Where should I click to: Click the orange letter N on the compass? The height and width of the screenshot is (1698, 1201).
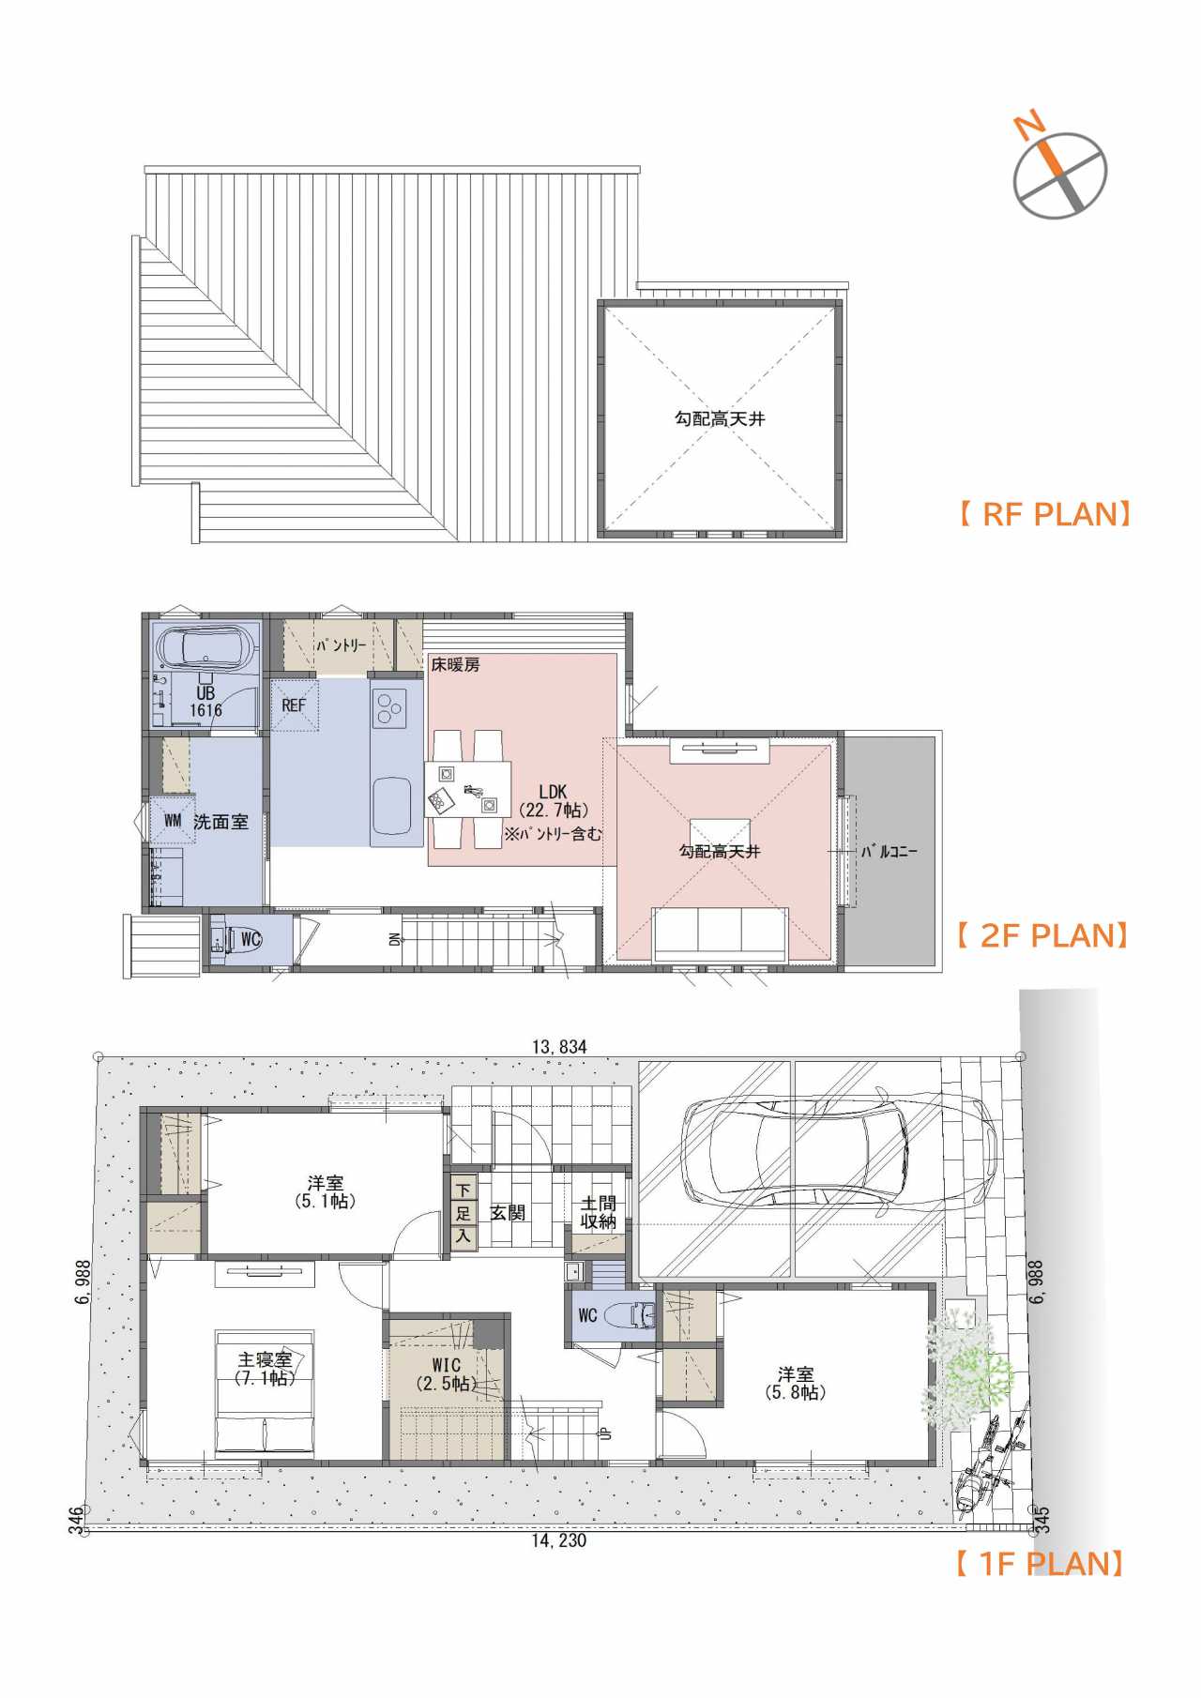pos(1028,124)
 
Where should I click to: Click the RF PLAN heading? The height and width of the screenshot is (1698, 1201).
pos(1043,514)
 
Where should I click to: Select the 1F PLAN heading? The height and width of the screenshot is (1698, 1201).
pos(1039,1563)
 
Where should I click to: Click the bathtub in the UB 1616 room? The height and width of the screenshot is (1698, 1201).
pos(206,647)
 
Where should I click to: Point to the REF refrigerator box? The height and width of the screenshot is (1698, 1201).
pos(295,705)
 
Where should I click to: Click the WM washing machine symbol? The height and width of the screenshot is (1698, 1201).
pos(173,820)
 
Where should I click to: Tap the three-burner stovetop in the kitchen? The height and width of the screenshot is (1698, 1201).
pos(388,707)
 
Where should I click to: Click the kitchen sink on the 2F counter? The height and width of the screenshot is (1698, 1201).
pos(391,807)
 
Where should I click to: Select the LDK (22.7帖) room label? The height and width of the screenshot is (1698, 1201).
pos(554,801)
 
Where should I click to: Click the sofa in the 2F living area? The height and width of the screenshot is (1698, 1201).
pos(721,934)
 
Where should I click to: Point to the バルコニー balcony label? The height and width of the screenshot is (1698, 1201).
pos(889,852)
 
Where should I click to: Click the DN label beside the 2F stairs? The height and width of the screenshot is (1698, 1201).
pos(396,938)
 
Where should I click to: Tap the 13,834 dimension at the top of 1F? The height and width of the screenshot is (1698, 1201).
pos(559,1047)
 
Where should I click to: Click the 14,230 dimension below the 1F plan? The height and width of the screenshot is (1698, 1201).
pos(559,1540)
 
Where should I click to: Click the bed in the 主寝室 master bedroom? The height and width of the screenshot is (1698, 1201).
pos(265,1394)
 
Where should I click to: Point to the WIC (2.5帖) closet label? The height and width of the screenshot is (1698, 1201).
pos(447,1374)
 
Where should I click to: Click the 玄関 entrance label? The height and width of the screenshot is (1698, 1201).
pos(508,1213)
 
